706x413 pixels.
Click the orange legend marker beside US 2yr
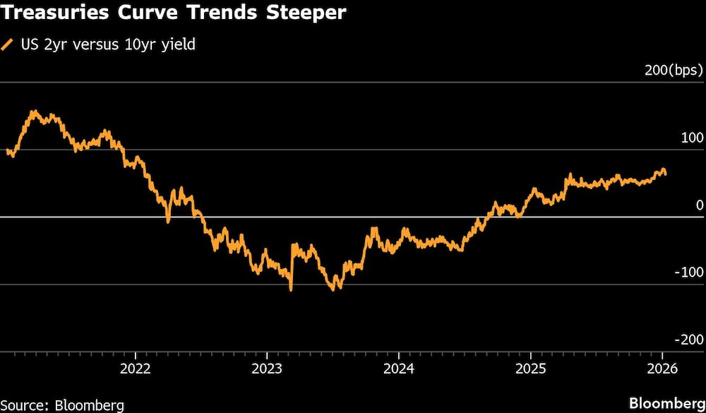(8, 45)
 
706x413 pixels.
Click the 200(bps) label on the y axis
(674, 71)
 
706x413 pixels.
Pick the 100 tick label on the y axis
(692, 138)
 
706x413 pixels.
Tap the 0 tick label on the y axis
(700, 205)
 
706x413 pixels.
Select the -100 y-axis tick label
(689, 273)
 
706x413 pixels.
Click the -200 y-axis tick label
(689, 340)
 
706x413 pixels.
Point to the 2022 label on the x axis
(134, 369)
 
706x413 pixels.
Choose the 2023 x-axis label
(266, 369)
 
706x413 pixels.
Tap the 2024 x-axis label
(398, 369)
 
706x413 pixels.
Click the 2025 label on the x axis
(530, 369)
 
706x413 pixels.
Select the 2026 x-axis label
(662, 369)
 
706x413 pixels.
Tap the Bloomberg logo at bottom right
(666, 403)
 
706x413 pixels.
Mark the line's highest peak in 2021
(32, 111)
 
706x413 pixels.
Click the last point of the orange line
(665, 174)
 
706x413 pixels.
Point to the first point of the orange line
(6, 150)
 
